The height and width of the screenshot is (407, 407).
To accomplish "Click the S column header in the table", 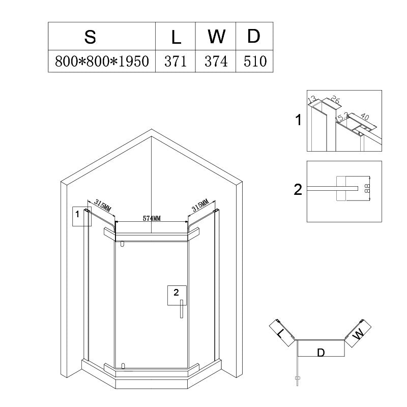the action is pyautogui.click(x=90, y=37).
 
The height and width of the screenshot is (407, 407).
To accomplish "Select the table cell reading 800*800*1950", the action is pyautogui.click(x=102, y=61).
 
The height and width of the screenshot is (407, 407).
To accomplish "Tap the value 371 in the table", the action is pyautogui.click(x=176, y=61).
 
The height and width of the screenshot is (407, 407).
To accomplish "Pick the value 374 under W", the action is pyautogui.click(x=216, y=61).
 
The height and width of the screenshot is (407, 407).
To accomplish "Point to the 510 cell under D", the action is pyautogui.click(x=255, y=61).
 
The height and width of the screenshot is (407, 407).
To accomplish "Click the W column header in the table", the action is pyautogui.click(x=216, y=37).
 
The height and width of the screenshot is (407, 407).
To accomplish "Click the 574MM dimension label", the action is pyautogui.click(x=152, y=218).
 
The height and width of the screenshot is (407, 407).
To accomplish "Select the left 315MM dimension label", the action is pyautogui.click(x=103, y=206).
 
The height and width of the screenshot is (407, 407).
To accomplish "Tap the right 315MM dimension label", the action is pyautogui.click(x=200, y=205).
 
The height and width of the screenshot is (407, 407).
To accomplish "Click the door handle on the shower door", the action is pyautogui.click(x=182, y=309).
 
